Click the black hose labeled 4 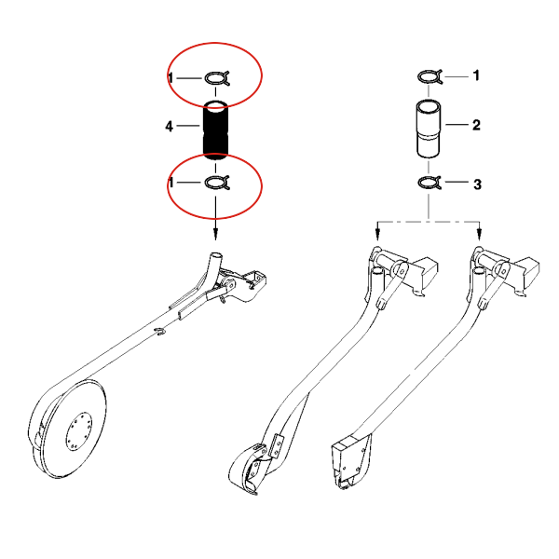click(x=215, y=130)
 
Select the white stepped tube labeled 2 click(x=429, y=129)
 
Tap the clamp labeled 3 click(x=429, y=183)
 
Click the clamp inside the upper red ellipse click(x=217, y=78)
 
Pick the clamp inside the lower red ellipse click(x=217, y=183)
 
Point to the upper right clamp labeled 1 click(x=429, y=76)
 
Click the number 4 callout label click(x=169, y=126)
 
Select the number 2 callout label click(x=476, y=125)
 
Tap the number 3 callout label click(x=477, y=184)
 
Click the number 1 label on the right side click(x=476, y=75)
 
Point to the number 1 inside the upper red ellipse click(x=171, y=77)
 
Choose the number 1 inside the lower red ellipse click(x=171, y=183)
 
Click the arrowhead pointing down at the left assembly click(x=215, y=234)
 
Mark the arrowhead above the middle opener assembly click(x=378, y=235)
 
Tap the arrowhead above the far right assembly click(x=479, y=235)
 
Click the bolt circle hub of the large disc click(x=79, y=431)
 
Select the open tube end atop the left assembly click(x=215, y=256)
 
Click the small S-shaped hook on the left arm click(x=160, y=332)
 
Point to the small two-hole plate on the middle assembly click(x=277, y=445)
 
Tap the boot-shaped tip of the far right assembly click(x=349, y=463)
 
